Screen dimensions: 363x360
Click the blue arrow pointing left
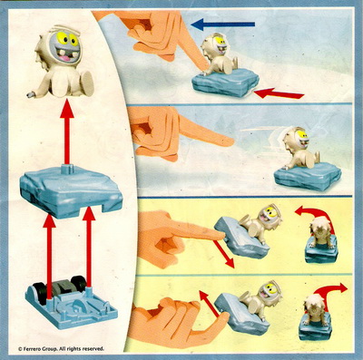(223, 24)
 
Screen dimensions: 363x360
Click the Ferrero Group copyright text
(61, 348)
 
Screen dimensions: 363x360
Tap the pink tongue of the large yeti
(64, 57)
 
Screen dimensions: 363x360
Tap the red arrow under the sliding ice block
(279, 93)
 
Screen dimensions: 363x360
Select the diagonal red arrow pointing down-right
(224, 254)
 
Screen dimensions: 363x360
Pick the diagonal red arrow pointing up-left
(209, 304)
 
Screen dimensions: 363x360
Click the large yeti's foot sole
(88, 83)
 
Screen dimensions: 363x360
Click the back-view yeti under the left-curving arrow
(319, 234)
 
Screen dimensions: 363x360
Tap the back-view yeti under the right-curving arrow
(314, 310)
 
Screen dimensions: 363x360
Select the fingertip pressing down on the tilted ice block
(220, 234)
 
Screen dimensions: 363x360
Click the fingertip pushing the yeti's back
(207, 65)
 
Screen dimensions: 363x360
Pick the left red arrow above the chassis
(49, 257)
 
